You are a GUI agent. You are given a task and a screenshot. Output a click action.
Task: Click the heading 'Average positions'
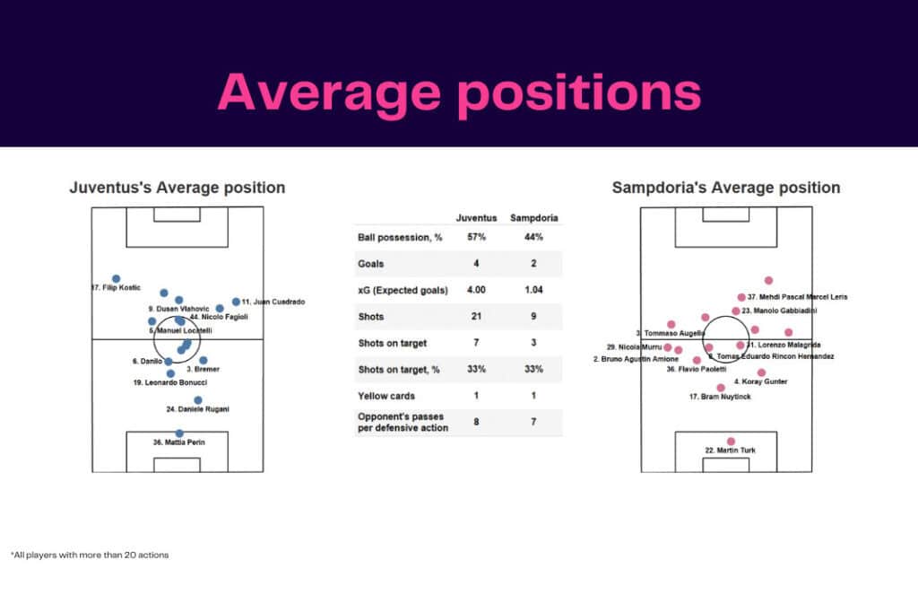tap(459, 92)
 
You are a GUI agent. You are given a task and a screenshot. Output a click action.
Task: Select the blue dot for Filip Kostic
tap(116, 279)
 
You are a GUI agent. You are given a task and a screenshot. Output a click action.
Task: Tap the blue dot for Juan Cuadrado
tap(236, 302)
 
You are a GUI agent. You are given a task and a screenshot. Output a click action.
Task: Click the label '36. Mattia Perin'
tap(180, 442)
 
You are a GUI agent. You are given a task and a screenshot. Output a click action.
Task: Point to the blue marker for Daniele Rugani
tap(198, 400)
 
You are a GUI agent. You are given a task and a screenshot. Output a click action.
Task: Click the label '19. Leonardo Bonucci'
tap(169, 383)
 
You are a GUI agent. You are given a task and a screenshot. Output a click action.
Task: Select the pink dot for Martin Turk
tap(732, 441)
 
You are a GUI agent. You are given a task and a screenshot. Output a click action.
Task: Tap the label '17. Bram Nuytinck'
tap(720, 397)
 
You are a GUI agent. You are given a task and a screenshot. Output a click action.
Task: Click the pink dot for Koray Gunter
tap(761, 372)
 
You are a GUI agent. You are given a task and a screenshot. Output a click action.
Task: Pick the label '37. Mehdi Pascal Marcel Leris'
tap(797, 297)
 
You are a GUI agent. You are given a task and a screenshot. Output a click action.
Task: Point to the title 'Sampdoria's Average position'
tap(726, 188)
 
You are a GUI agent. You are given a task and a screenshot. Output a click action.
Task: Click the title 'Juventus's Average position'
tap(178, 188)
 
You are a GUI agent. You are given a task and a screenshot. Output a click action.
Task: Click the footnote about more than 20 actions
tap(90, 555)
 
